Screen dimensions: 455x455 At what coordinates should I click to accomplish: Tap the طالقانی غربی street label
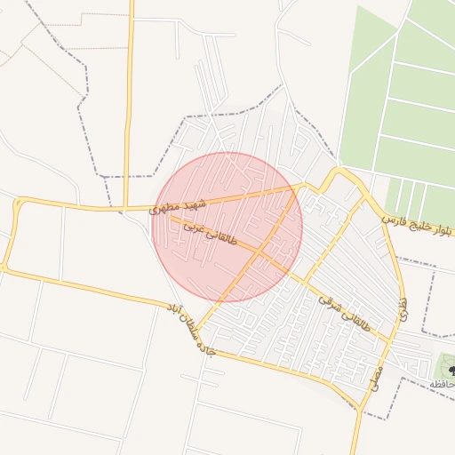pyautogui.click(x=211, y=232)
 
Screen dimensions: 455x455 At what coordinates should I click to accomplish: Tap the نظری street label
pyautogui.click(x=403, y=307)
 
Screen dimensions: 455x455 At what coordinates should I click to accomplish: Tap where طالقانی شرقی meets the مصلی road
pyautogui.click(x=391, y=340)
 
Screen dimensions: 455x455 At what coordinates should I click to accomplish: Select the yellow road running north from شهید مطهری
pyautogui.click(x=130, y=98)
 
